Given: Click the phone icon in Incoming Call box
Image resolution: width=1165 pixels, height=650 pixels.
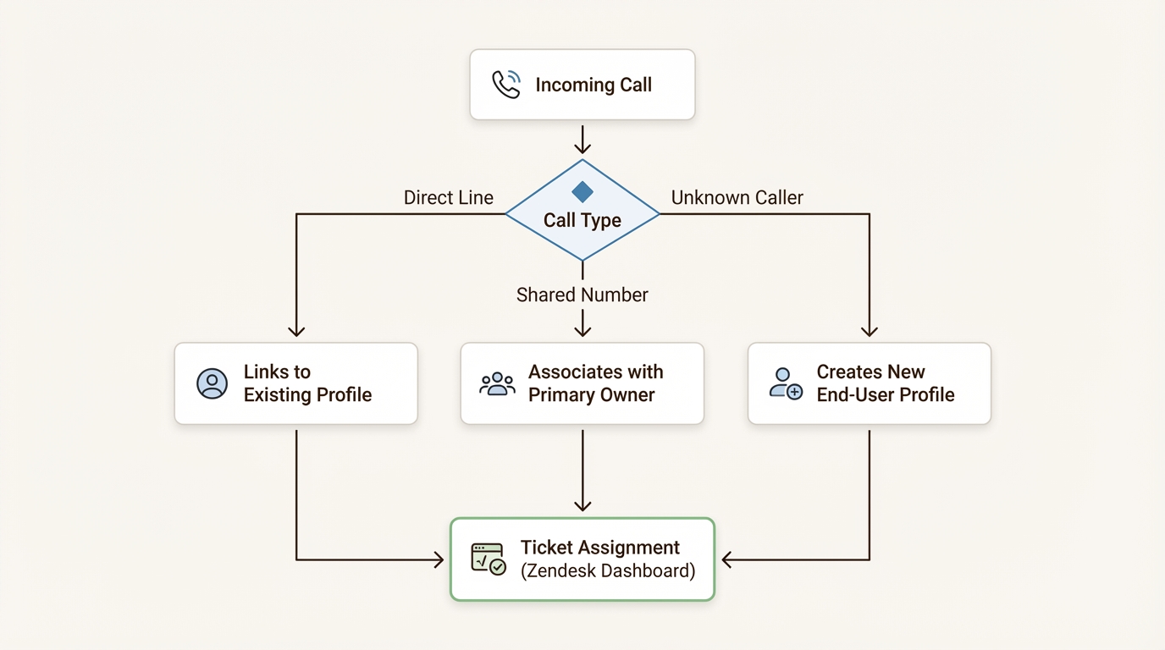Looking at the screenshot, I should pyautogui.click(x=506, y=85).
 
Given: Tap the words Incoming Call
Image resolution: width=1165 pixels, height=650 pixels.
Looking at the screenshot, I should pyautogui.click(x=594, y=85).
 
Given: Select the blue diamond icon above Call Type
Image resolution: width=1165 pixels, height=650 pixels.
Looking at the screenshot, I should pyautogui.click(x=582, y=191).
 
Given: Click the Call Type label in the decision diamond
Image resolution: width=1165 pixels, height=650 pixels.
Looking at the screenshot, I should pyautogui.click(x=582, y=220).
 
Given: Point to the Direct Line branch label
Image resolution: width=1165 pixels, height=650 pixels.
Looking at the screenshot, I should pyautogui.click(x=448, y=197).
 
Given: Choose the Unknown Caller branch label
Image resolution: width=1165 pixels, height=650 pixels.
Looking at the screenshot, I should pyautogui.click(x=737, y=197).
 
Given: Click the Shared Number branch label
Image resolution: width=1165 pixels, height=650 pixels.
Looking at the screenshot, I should pyautogui.click(x=582, y=295).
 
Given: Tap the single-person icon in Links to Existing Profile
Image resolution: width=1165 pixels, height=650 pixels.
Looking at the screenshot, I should pyautogui.click(x=212, y=383).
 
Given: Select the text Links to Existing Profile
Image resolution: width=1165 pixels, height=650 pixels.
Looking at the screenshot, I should pyautogui.click(x=307, y=383).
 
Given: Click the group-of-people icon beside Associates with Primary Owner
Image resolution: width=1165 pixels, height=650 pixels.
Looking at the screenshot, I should pyautogui.click(x=497, y=383).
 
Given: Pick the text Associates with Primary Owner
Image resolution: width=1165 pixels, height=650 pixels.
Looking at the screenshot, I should pyautogui.click(x=595, y=383).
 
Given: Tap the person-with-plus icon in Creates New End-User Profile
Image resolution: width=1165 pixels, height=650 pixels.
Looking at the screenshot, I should pyautogui.click(x=786, y=383).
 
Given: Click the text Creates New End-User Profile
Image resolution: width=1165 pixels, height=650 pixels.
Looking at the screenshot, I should pyautogui.click(x=885, y=383).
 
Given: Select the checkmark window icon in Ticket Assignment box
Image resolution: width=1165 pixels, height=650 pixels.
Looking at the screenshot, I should pyautogui.click(x=489, y=559).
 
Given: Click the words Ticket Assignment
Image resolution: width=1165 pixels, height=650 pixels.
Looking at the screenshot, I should pyautogui.click(x=600, y=548).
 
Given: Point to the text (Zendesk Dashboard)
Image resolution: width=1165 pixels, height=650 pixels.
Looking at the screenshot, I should pyautogui.click(x=608, y=570).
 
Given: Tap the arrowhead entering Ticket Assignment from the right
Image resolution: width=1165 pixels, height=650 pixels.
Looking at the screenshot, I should pyautogui.click(x=727, y=559).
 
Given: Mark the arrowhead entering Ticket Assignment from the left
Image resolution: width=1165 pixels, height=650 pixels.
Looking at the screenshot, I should pyautogui.click(x=438, y=559).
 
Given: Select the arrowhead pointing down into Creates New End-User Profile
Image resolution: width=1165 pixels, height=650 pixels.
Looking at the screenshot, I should pyautogui.click(x=870, y=332).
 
